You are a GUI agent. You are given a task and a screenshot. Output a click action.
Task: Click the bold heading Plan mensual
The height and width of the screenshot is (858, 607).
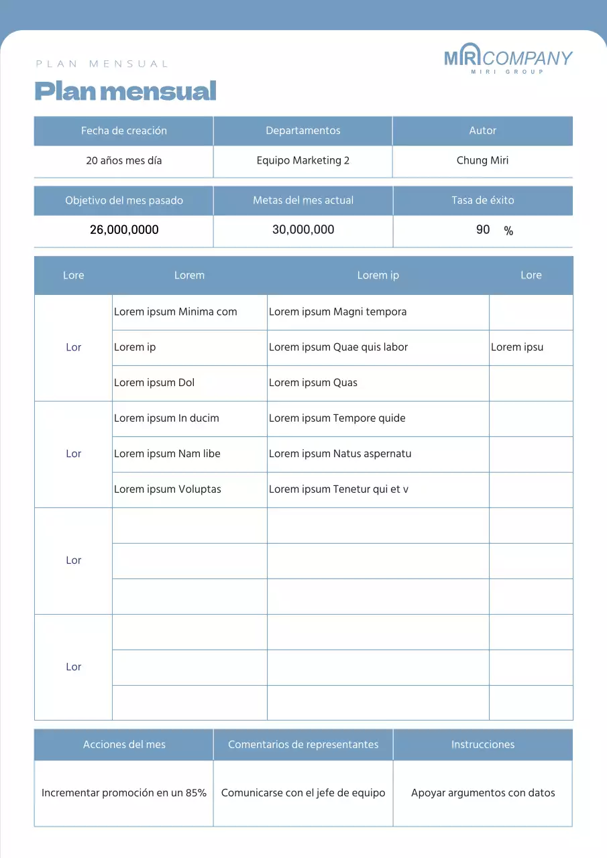[125, 90]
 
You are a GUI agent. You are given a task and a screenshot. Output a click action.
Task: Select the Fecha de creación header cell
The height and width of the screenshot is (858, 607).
[124, 131]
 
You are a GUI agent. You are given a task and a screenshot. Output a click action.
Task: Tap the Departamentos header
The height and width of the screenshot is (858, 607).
[303, 131]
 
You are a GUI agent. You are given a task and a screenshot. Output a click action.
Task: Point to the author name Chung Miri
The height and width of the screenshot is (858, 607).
[482, 161]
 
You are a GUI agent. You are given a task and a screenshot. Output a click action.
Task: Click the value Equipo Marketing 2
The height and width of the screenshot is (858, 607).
[303, 161]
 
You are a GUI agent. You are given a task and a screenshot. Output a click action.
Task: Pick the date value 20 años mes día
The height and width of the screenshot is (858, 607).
[124, 161]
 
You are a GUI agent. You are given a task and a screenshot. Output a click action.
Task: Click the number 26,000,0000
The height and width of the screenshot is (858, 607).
[124, 230]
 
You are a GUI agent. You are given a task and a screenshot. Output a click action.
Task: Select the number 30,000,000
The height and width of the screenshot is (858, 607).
[303, 230]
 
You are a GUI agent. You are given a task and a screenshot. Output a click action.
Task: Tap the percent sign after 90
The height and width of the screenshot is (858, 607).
[508, 231]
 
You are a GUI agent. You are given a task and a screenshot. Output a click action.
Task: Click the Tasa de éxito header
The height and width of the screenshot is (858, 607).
[483, 200]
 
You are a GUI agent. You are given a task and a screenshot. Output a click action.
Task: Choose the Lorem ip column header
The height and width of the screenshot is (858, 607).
[378, 275]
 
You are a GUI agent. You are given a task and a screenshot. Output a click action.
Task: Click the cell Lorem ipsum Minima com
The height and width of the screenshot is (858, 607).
[176, 312]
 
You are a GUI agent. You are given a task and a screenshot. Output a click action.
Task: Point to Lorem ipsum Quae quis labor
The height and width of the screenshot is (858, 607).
[339, 347]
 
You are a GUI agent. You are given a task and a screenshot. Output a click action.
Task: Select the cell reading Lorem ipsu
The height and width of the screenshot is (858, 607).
[517, 347]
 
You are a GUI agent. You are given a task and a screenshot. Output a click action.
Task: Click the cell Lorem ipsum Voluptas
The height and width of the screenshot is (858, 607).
[168, 489]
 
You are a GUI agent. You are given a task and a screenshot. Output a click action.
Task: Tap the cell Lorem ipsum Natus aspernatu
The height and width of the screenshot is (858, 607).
[340, 454]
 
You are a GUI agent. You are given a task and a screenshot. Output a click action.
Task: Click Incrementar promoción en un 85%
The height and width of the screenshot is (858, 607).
[124, 793]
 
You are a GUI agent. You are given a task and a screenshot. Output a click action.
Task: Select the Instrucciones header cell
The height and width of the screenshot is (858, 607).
[483, 745]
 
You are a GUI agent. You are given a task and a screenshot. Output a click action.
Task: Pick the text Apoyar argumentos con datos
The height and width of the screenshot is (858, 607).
[483, 793]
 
